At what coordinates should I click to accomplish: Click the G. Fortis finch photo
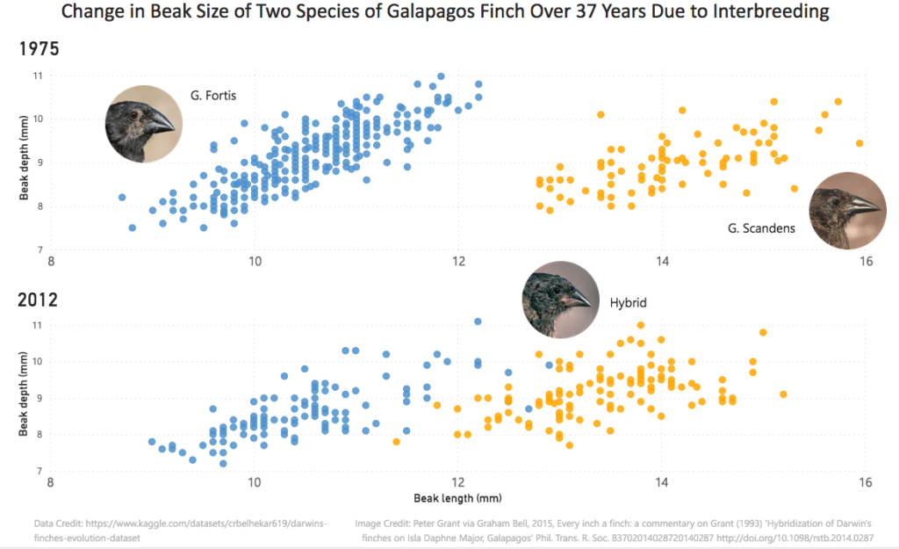(x=144, y=124)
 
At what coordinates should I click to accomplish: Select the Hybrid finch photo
(x=560, y=299)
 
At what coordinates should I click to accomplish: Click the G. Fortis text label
(x=213, y=94)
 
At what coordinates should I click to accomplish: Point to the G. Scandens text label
(x=761, y=228)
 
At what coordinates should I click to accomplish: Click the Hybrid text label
(x=628, y=303)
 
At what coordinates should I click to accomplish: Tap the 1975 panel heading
(x=39, y=49)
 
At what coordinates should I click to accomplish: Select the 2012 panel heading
(x=39, y=300)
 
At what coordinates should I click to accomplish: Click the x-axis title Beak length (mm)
(x=457, y=498)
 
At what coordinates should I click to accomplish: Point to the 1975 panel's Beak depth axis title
(x=25, y=163)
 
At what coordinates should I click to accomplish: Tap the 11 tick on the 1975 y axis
(x=38, y=76)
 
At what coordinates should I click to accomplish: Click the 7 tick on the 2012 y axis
(x=40, y=472)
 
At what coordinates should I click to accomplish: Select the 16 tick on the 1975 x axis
(x=866, y=262)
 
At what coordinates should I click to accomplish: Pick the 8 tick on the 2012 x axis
(x=52, y=482)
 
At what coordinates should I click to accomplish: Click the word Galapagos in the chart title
(x=428, y=12)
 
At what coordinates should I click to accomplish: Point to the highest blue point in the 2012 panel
(x=478, y=321)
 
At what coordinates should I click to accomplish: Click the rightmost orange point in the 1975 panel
(x=859, y=143)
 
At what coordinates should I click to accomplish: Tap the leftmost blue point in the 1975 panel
(x=122, y=198)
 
